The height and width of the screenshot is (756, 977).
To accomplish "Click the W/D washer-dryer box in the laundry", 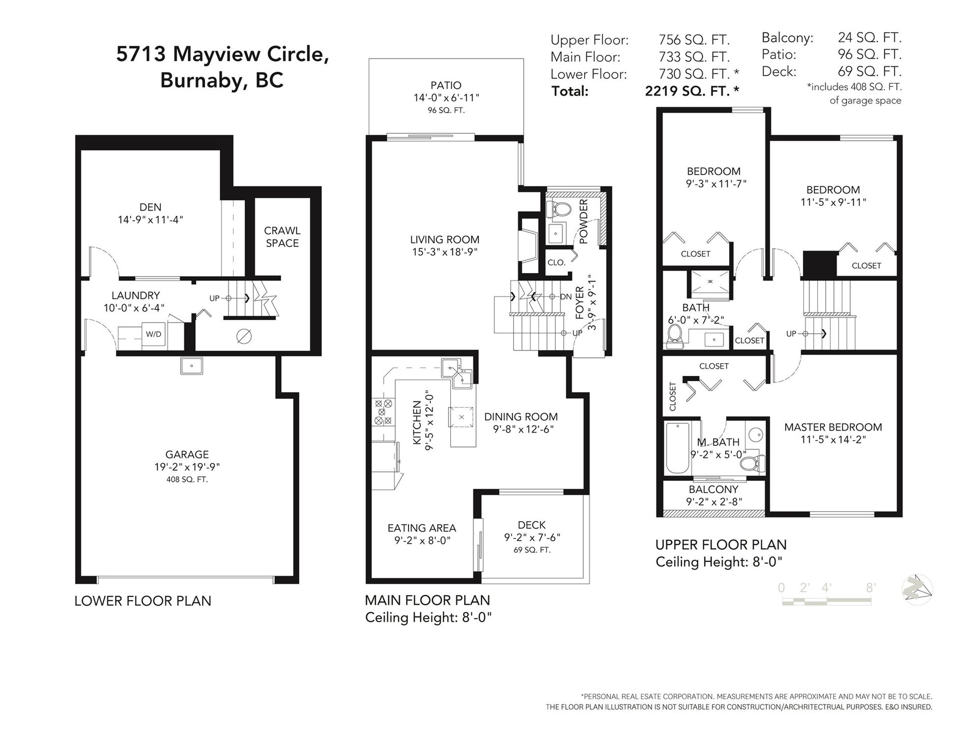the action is click(x=153, y=334).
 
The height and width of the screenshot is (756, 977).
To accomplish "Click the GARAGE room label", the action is click(x=187, y=454).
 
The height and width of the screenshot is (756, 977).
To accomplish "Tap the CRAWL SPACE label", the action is click(x=282, y=237).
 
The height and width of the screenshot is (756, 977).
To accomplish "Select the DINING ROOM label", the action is click(x=521, y=417).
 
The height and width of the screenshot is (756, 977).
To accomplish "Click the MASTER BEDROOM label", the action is click(x=833, y=427).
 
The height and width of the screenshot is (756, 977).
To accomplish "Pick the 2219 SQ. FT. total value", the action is click(x=692, y=91).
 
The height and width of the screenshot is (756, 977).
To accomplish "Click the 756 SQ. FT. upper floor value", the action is click(x=694, y=39).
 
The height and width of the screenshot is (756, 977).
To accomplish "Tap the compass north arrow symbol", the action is click(x=917, y=589).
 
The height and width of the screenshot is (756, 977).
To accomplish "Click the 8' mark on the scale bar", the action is click(x=871, y=587).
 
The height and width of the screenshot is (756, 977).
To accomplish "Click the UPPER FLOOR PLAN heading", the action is click(x=721, y=545).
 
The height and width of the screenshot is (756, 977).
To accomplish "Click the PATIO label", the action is click(x=446, y=85).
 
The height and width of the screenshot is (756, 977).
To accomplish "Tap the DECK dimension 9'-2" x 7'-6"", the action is click(x=532, y=537).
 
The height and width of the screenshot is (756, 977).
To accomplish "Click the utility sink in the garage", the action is click(x=192, y=365).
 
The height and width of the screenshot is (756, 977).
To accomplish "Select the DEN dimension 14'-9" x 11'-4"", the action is click(x=150, y=220).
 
